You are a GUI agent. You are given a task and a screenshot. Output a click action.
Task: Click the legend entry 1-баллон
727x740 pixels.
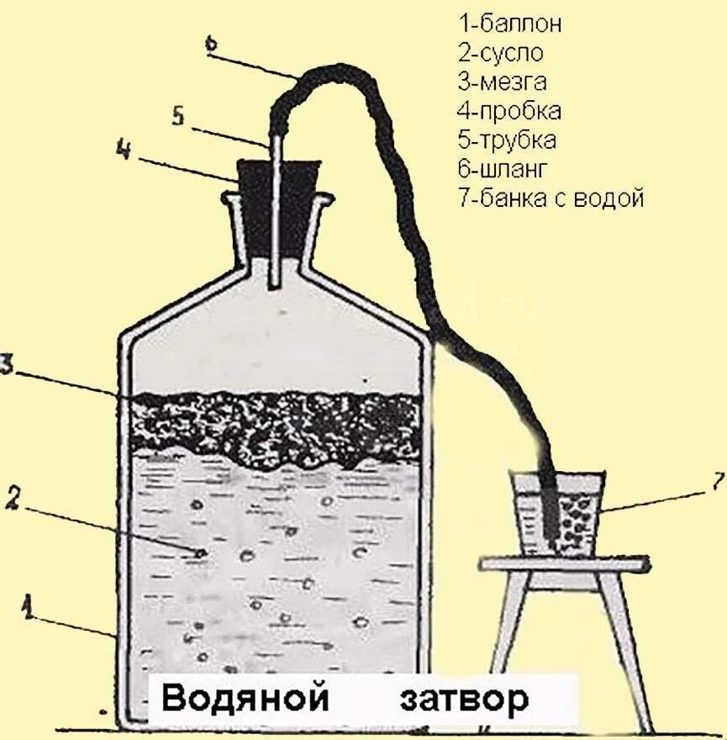[x=509, y=24]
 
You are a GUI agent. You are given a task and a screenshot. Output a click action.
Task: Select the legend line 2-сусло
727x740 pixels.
[x=501, y=53]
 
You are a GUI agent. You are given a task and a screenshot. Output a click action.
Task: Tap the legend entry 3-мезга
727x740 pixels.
[x=503, y=82]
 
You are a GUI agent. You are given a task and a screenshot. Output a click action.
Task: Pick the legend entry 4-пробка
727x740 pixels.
[x=509, y=111]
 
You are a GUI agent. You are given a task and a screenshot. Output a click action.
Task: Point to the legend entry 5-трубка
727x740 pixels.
[x=507, y=140]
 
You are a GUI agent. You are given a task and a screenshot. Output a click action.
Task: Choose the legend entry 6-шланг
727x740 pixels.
[x=503, y=169]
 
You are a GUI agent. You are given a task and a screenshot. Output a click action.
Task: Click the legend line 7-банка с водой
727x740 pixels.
[x=551, y=198]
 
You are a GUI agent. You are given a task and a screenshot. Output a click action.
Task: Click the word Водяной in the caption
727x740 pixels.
[x=243, y=698]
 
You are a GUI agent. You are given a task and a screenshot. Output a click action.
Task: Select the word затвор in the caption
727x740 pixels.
[x=464, y=698]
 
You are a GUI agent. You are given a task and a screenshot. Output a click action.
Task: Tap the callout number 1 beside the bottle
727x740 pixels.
[x=29, y=605]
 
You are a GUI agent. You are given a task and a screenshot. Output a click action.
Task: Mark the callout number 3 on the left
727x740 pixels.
[x=7, y=365]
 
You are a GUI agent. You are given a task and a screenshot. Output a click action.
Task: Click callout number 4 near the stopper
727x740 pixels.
[x=124, y=152]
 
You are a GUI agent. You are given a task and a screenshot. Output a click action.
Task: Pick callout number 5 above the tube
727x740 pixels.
[x=177, y=115]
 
